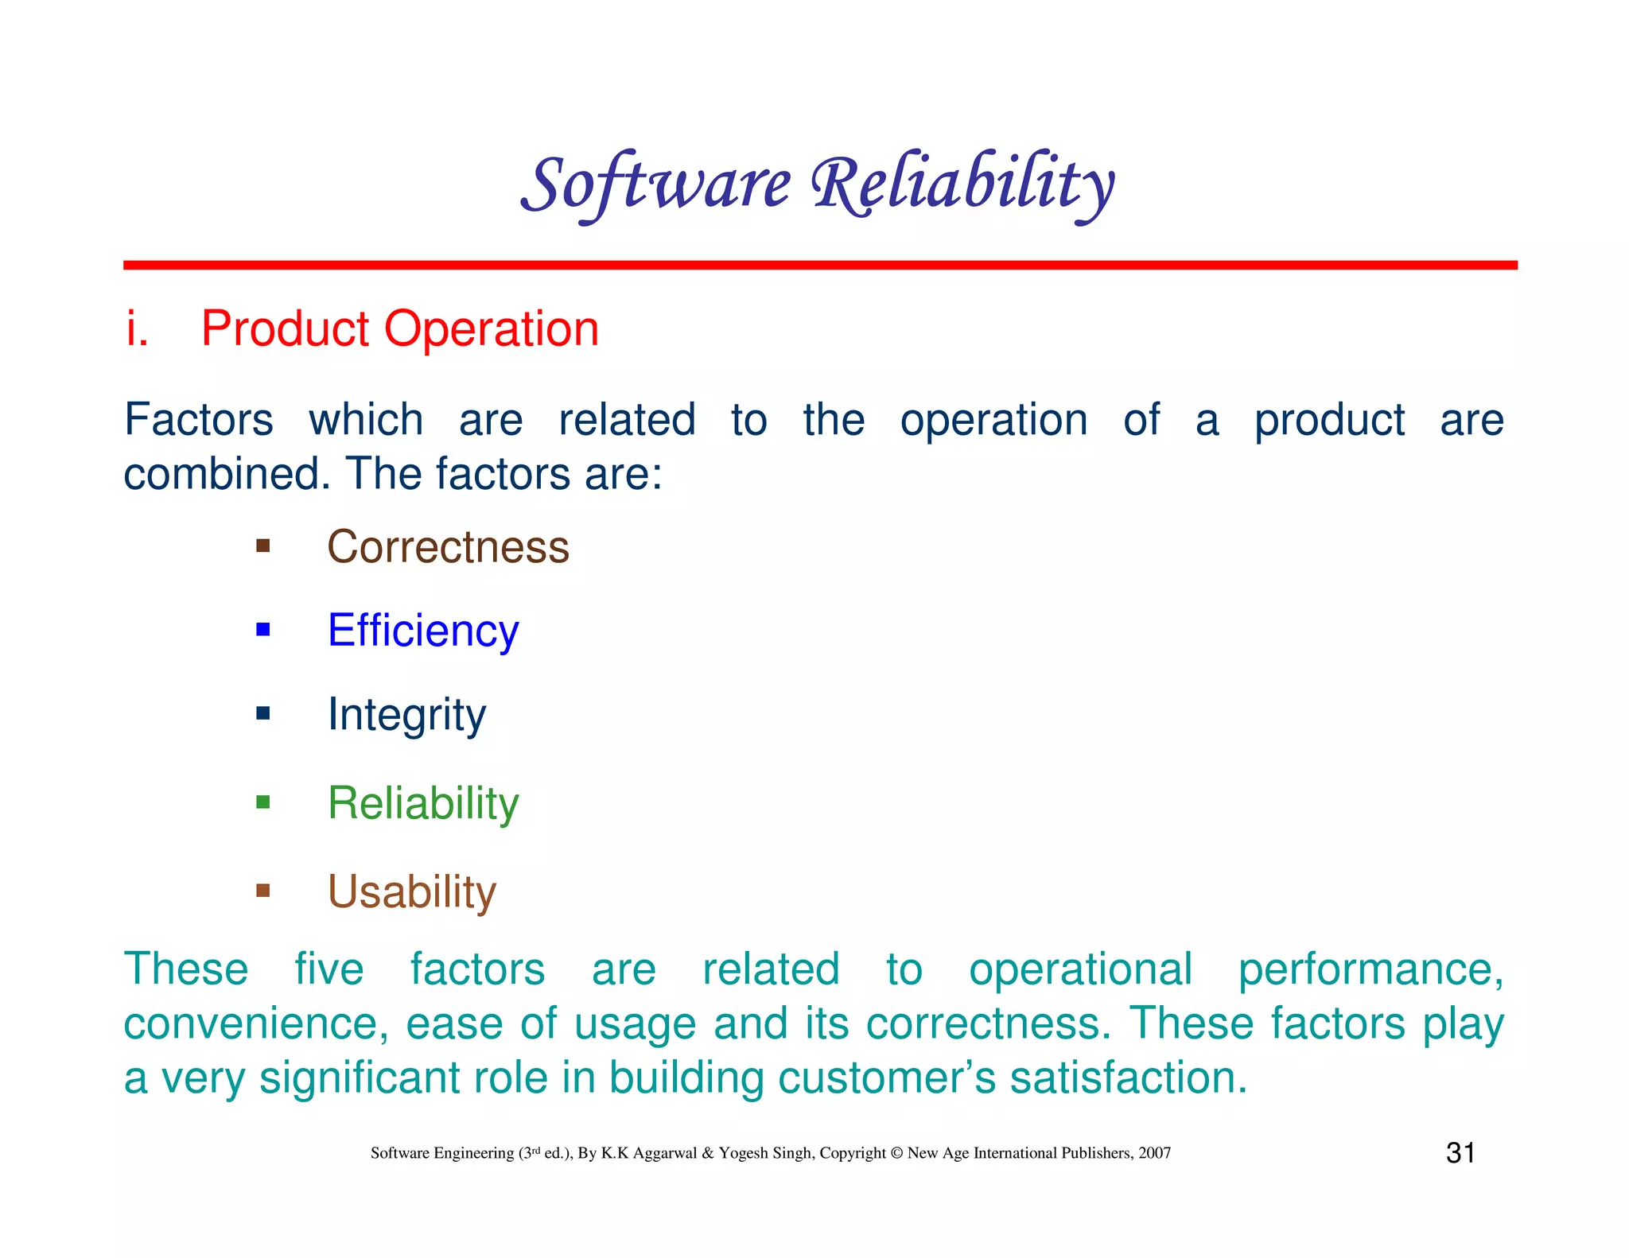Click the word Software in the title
coord(656,184)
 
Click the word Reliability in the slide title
coord(962,184)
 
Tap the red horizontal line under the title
coord(819,265)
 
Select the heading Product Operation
coord(399,328)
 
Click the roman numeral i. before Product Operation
coord(138,328)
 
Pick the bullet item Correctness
coord(448,547)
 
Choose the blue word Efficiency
coord(423,631)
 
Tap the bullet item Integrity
coord(406,714)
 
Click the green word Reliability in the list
coord(423,803)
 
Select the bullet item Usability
coord(411,891)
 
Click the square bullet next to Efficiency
coord(263,631)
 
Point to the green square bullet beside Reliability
coord(263,802)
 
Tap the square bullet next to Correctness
coord(263,546)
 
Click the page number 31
coord(1460,1153)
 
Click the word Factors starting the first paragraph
coord(199,420)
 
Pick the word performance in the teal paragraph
coord(1370,970)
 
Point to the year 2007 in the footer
coord(1154,1153)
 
